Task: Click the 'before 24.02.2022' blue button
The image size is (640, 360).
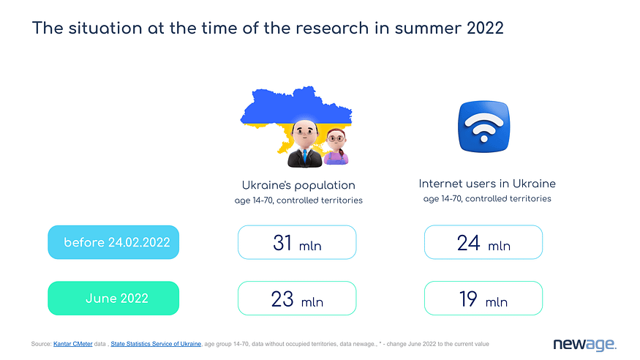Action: pyautogui.click(x=113, y=242)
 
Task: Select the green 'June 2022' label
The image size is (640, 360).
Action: pyautogui.click(x=113, y=298)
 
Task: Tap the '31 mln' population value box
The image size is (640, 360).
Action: pyautogui.click(x=297, y=242)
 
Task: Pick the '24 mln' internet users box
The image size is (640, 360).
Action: pyautogui.click(x=483, y=242)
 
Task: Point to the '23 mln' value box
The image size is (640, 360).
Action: pyautogui.click(x=297, y=298)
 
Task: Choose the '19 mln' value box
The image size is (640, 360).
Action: pyautogui.click(x=483, y=298)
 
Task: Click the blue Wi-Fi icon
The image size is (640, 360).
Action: pyautogui.click(x=484, y=127)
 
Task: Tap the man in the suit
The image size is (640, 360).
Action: pyautogui.click(x=304, y=143)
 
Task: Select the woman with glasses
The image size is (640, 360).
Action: pyautogui.click(x=336, y=147)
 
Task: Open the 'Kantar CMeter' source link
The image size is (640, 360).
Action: pyautogui.click(x=72, y=344)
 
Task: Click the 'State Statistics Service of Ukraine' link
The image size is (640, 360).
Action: pyautogui.click(x=156, y=344)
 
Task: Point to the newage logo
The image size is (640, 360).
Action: pyautogui.click(x=584, y=345)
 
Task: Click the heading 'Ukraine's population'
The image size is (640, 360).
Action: pyautogui.click(x=298, y=185)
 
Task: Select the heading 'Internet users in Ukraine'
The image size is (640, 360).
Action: pyautogui.click(x=487, y=184)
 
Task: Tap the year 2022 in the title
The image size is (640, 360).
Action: pyautogui.click(x=485, y=28)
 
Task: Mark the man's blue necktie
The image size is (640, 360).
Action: pyautogui.click(x=304, y=157)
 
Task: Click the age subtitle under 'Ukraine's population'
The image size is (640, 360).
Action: pyautogui.click(x=298, y=200)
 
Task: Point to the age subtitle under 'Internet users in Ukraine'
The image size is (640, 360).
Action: pyautogui.click(x=487, y=199)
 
